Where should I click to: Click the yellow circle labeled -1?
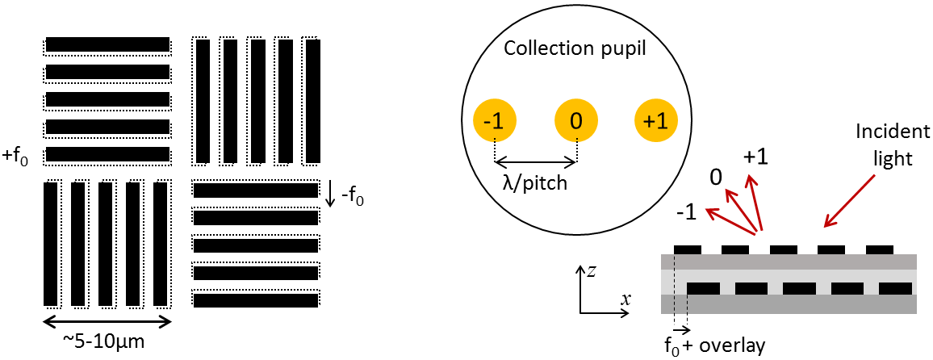[x=494, y=121]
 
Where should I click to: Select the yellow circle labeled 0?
[x=575, y=121]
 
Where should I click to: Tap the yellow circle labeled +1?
[x=656, y=121]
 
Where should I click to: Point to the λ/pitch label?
[x=535, y=183]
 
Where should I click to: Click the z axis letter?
[x=591, y=271]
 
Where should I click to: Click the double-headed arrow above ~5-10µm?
[x=107, y=321]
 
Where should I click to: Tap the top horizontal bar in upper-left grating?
[x=107, y=44]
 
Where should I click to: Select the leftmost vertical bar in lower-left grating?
[x=51, y=245]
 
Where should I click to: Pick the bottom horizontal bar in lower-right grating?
[x=256, y=300]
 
